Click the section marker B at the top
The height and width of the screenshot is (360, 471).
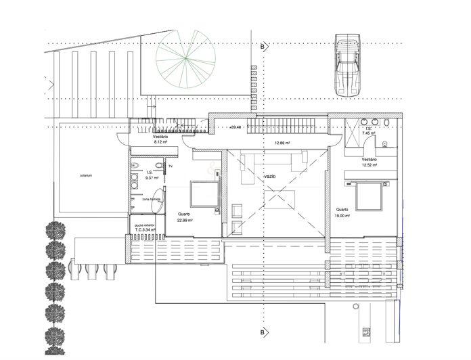tap(262, 47)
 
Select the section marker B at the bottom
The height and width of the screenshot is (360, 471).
tap(262, 332)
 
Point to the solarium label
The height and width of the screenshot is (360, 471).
tap(85, 175)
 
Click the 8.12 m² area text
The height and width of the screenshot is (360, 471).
tap(160, 143)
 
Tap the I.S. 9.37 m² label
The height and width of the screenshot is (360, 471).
tap(150, 175)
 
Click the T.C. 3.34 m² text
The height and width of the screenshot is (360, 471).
tap(145, 229)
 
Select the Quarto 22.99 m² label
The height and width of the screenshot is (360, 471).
tap(184, 217)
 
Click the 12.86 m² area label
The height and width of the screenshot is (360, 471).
tap(282, 143)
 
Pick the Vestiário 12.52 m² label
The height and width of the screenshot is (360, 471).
tap(369, 161)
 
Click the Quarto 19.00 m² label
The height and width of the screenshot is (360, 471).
tap(343, 213)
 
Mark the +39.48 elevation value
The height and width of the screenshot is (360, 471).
tap(235, 127)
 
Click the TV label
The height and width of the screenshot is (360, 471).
tap(171, 166)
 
